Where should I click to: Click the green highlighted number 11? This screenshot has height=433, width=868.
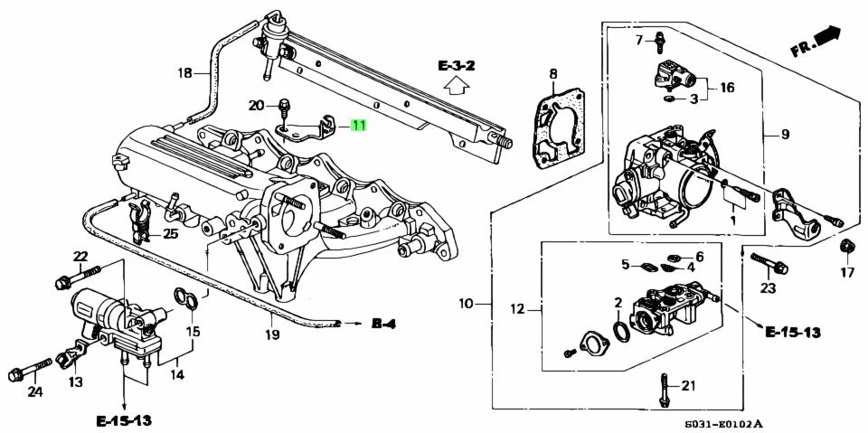click(x=359, y=126)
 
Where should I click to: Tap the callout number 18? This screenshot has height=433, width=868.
click(x=184, y=73)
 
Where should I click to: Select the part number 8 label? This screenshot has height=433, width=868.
click(x=552, y=73)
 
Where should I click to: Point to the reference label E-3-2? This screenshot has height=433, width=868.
click(x=458, y=65)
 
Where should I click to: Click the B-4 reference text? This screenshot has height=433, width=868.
click(x=383, y=323)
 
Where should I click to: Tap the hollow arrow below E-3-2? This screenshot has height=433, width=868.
click(x=458, y=87)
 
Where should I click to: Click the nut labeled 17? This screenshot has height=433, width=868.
click(x=847, y=247)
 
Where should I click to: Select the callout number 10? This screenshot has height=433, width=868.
click(x=466, y=304)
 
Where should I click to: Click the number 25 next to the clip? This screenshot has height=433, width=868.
click(x=170, y=234)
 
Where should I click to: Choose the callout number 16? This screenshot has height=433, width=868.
click(x=727, y=87)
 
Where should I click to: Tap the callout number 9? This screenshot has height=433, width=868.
click(x=785, y=135)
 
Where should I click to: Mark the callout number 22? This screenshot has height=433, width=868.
click(x=80, y=256)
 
